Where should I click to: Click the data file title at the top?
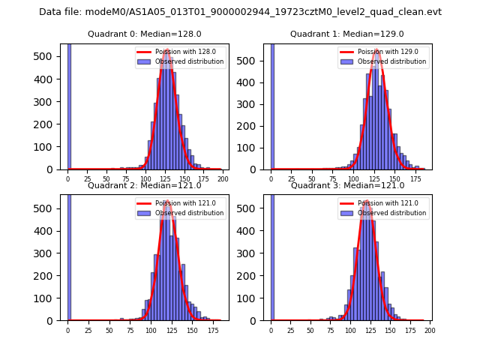coord(240,12)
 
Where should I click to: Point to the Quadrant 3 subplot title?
coord(347,185)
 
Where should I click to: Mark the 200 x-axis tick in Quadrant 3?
coord(430,331)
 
